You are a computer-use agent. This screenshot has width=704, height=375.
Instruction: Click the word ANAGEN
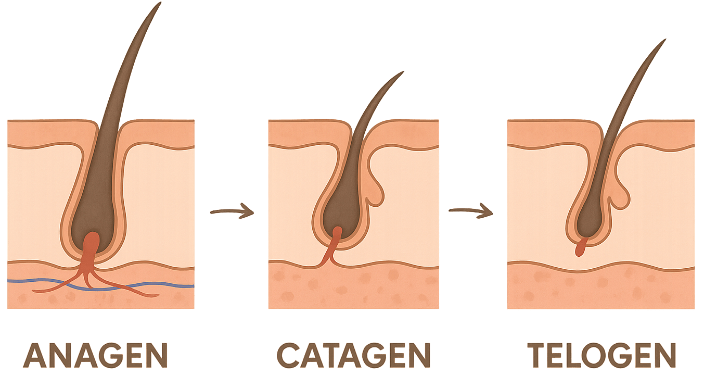tap(96, 355)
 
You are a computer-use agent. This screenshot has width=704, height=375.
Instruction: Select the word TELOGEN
tap(602, 355)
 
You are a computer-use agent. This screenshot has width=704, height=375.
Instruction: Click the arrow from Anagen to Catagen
tap(232, 211)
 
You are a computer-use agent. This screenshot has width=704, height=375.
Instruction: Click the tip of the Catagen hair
tap(403, 72)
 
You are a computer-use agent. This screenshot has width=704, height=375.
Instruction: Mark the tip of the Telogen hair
tap(665, 40)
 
